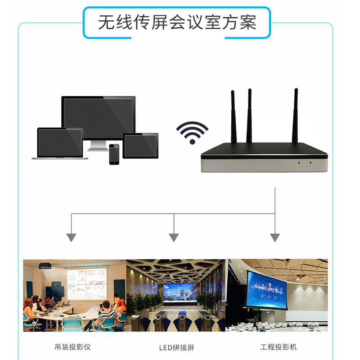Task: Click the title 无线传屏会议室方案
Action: (177, 22)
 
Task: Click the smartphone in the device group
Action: (114, 154)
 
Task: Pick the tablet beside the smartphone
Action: (140, 145)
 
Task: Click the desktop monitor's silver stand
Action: (99, 145)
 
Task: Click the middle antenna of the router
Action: (249, 116)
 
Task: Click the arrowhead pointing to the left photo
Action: (71, 237)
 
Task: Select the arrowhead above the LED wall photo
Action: (174, 237)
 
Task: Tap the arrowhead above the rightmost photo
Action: (275, 237)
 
